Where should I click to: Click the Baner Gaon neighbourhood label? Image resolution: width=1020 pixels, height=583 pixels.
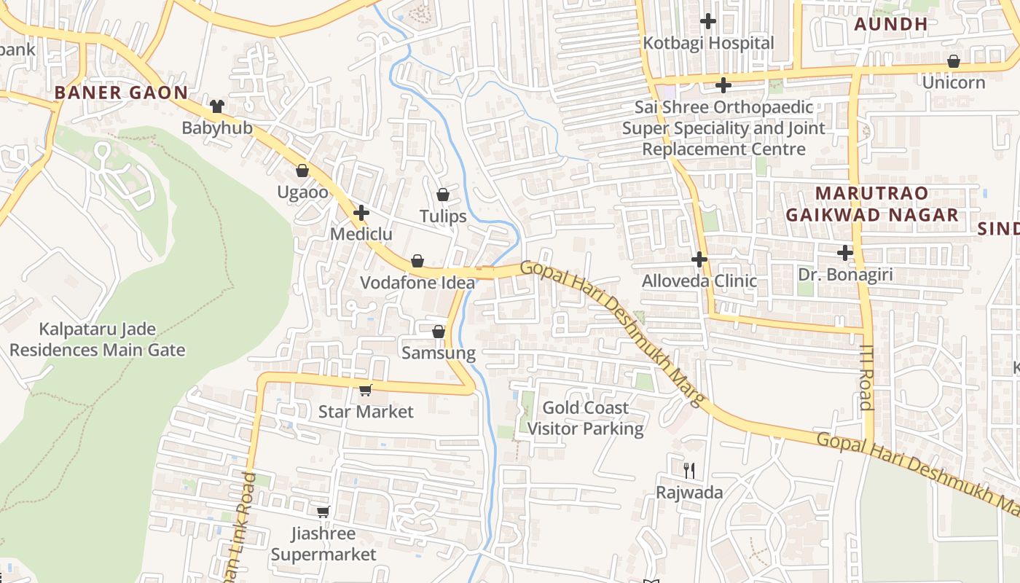pos(121,93)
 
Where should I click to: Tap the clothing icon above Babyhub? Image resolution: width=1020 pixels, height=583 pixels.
pos(216,106)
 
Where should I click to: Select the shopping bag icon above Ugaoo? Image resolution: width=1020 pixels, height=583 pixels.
pos(302,171)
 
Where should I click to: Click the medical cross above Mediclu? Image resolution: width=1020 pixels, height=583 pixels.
pos(361,213)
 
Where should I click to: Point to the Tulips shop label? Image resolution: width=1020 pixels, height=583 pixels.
pos(443,216)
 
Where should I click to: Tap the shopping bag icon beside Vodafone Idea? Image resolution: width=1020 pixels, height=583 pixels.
pos(417,261)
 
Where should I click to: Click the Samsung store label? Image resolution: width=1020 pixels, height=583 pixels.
pos(439,353)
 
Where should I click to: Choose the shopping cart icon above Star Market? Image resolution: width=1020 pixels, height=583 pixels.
pos(365,390)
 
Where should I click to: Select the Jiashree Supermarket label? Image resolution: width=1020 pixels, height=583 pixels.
pos(323,544)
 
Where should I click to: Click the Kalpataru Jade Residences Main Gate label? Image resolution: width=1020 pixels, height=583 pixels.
pos(97,340)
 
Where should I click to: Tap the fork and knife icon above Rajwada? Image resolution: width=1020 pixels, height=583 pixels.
pos(689,470)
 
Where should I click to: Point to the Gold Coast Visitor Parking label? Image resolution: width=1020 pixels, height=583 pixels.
pos(586,418)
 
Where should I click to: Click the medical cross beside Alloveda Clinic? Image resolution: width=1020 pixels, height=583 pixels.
pos(699,259)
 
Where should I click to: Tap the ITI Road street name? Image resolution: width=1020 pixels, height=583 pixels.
pos(866,377)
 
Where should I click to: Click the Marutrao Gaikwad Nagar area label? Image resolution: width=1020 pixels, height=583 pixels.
pos(871,204)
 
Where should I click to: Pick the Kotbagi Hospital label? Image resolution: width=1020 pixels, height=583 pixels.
pos(708,43)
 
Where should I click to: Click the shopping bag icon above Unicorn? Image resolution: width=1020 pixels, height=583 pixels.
pos(953,61)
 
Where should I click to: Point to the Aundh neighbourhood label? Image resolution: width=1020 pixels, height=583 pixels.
pos(890,24)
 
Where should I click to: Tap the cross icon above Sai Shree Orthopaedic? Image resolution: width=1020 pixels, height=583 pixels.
pos(723,85)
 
